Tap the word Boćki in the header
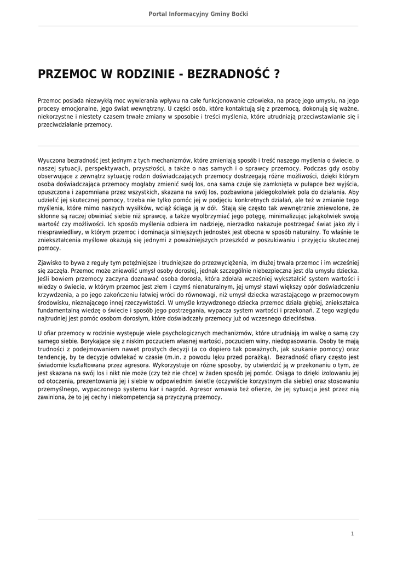[x=239, y=14]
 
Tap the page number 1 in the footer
[x=353, y=533]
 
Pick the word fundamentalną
[x=58, y=311]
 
